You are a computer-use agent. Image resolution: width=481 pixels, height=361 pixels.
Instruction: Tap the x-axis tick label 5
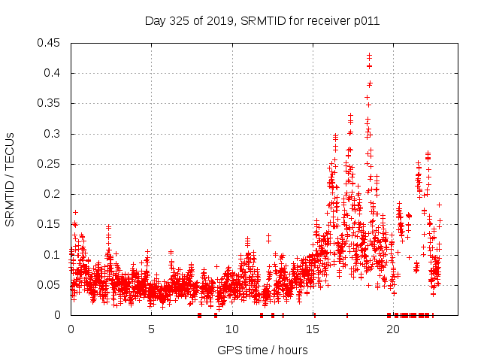[151, 329]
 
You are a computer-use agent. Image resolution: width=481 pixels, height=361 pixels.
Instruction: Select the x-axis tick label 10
[232, 329]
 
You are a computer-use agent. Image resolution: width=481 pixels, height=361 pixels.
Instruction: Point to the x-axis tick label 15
[313, 329]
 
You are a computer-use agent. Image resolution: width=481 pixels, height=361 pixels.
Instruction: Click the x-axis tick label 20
[394, 329]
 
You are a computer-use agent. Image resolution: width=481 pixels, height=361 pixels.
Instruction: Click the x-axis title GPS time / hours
[262, 350]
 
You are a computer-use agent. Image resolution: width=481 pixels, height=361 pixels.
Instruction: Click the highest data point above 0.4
[369, 55]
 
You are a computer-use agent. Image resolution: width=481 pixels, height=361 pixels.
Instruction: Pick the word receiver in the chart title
[325, 21]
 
